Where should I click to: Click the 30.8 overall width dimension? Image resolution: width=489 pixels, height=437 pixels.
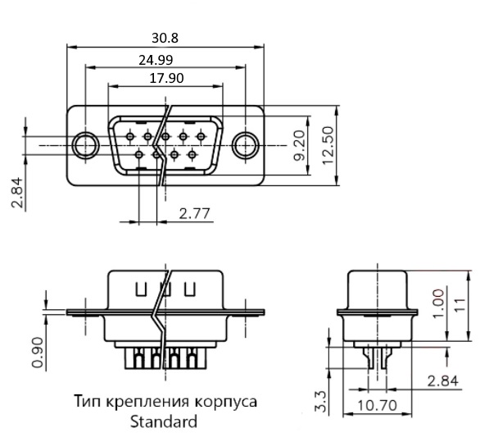(165, 38)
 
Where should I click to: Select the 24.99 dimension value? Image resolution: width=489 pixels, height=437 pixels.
(156, 60)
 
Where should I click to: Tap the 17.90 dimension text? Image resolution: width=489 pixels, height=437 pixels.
(166, 78)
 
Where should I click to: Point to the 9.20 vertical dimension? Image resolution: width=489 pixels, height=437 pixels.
(300, 145)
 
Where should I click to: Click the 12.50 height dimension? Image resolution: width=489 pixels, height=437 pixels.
(328, 145)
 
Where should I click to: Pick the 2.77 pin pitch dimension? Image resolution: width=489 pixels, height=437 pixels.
(195, 214)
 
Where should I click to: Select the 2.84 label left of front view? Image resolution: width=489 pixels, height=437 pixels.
(17, 193)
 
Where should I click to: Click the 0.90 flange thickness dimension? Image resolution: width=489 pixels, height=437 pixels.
(37, 353)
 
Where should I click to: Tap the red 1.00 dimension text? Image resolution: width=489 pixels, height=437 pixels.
(438, 303)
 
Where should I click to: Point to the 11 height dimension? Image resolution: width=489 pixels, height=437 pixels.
(461, 305)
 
